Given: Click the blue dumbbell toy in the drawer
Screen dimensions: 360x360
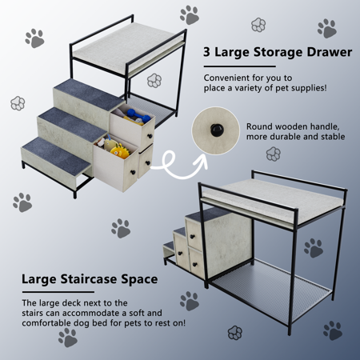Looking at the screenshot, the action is click(138, 115).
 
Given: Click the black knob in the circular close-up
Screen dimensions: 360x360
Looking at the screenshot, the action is click(216, 130).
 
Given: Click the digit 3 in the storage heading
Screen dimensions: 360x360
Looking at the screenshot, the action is click(206, 52).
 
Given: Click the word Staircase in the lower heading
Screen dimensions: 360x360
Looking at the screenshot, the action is click(89, 279).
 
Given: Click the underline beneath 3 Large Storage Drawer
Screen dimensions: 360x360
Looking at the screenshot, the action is click(240, 66).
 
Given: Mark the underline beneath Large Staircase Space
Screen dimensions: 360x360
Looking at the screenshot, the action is click(58, 292).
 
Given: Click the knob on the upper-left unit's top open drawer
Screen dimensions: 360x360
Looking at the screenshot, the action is click(150, 136).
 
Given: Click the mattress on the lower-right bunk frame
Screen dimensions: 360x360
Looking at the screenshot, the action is click(272, 202).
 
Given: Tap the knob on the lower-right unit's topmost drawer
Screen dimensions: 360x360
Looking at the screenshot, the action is click(192, 236).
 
